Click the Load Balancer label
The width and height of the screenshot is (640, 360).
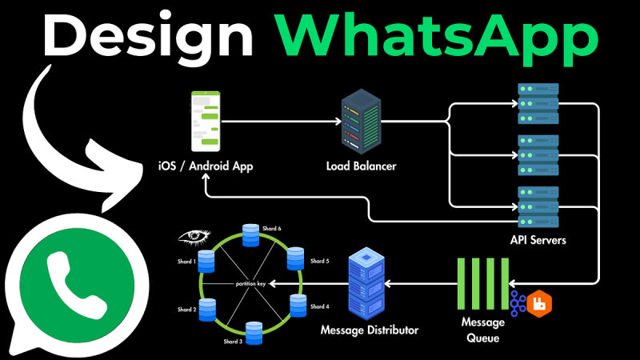[361, 166]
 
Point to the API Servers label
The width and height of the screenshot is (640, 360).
[537, 239]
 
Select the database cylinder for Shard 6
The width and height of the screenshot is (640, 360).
[250, 234]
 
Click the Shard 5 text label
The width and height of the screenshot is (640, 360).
[319, 261]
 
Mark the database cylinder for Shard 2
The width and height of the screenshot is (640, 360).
[208, 308]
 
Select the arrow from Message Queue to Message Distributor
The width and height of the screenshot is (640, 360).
[419, 282]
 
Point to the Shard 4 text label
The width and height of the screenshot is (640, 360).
[319, 306]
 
